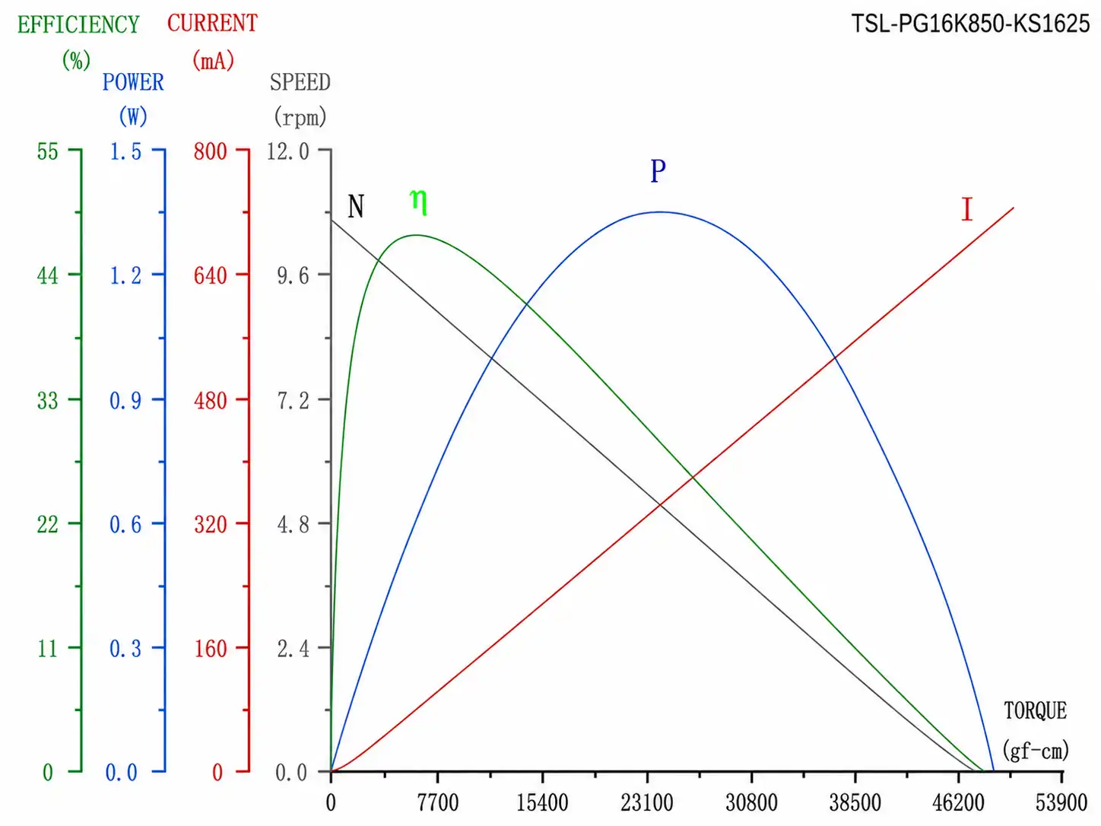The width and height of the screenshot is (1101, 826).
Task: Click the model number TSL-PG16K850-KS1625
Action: pos(970,24)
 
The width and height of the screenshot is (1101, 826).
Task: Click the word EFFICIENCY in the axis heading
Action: pos(78,24)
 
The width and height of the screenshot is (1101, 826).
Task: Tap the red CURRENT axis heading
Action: pos(212,23)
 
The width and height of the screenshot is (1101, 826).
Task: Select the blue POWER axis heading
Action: pos(133,82)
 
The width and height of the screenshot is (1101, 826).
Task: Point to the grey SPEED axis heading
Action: pos(300,82)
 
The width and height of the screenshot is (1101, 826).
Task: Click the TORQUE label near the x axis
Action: pos(1036,711)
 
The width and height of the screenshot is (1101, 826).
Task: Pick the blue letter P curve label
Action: pos(658,171)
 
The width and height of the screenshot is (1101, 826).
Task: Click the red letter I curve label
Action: pos(966,209)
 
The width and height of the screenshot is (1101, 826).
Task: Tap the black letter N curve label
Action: pos(356,206)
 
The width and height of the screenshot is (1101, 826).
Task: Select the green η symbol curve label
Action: pos(418,202)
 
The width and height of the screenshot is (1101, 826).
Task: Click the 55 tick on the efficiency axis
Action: pos(48,151)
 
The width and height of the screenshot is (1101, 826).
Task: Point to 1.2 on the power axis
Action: pos(125,275)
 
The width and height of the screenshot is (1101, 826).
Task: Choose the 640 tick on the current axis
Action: pos(210,275)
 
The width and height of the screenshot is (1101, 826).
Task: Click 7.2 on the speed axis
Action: pos(293,401)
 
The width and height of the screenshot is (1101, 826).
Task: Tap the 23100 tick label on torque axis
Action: pos(646,803)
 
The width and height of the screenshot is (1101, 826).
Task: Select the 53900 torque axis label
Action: pos(1061,803)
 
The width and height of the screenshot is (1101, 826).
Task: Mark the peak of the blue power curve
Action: pos(660,212)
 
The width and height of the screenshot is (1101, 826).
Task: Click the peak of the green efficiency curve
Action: pos(416,235)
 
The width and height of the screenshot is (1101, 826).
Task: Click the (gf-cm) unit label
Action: pos(1036,751)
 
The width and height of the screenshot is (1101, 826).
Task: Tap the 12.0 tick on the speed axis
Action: pos(288,151)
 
